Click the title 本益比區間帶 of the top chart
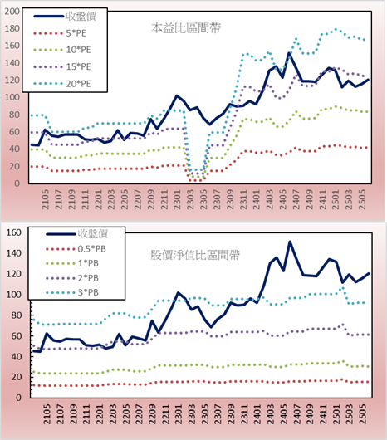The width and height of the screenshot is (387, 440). click(186, 28)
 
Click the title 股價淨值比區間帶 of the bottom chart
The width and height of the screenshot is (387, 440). click(195, 255)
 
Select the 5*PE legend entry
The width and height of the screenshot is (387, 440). click(60, 33)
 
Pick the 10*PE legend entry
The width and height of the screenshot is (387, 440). click(62, 50)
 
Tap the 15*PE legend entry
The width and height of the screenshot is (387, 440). click(62, 66)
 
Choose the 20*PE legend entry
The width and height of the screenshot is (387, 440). click(62, 84)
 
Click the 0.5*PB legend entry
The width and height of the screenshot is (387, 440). click(76, 249)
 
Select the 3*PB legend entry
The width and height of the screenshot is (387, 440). click(72, 292)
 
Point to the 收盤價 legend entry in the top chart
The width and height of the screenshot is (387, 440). click(65, 17)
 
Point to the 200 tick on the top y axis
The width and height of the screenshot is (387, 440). click(12, 12)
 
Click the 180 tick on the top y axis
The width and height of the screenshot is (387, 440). click(12, 28)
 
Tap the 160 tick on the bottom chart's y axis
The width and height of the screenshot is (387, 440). click(13, 232)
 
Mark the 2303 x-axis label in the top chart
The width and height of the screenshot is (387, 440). click(190, 199)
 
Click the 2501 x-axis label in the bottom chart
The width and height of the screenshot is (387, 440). click(336, 414)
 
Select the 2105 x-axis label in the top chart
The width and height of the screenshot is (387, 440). click(45, 199)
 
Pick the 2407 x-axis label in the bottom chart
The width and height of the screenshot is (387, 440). click(296, 414)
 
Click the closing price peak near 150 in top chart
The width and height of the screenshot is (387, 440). click(289, 53)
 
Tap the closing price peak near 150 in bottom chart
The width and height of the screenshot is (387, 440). click(290, 242)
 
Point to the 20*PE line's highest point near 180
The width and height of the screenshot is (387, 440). click(336, 29)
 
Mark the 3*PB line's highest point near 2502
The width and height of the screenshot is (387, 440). click(343, 288)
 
